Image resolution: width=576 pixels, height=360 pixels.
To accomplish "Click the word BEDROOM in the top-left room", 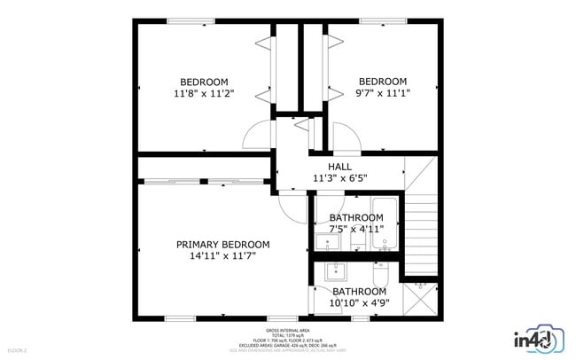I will pyautogui.click(x=204, y=81).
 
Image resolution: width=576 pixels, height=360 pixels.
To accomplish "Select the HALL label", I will pyautogui.click(x=339, y=166).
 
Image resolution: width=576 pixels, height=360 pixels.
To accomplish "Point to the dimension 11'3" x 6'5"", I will pyautogui.click(x=339, y=178).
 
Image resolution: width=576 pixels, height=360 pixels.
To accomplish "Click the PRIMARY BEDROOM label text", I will pyautogui.click(x=222, y=245).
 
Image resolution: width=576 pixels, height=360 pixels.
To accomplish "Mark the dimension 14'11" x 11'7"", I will pyautogui.click(x=222, y=257).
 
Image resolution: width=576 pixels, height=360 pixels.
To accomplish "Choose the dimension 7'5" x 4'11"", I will pyautogui.click(x=356, y=229).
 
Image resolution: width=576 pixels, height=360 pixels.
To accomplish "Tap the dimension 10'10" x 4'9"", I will pyautogui.click(x=359, y=303).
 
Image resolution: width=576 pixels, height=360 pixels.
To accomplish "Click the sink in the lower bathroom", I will pyautogui.click(x=335, y=270).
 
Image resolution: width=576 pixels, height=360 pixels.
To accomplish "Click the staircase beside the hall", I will pyautogui.click(x=421, y=235).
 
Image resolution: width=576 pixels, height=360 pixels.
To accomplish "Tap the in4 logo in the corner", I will pyautogui.click(x=536, y=339).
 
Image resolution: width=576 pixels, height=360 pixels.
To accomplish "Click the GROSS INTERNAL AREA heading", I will pyautogui.click(x=287, y=329).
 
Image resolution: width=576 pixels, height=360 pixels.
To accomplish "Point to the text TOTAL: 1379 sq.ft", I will pyautogui.click(x=287, y=334).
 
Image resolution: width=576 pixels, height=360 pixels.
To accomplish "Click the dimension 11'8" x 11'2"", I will pyautogui.click(x=204, y=92).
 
